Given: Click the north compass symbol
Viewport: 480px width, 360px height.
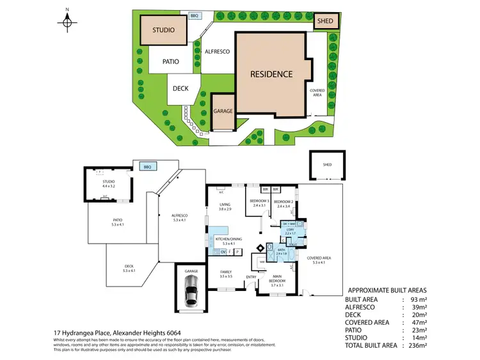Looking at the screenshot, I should (67, 22).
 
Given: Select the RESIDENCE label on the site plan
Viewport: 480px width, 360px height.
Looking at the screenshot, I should (271, 74).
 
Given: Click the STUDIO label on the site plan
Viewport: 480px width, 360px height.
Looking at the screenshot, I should (164, 30).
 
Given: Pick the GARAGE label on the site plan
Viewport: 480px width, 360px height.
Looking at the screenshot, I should (223, 111).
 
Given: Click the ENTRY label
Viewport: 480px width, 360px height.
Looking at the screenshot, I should (252, 276).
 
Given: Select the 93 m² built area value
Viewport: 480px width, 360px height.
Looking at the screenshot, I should (420, 299).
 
